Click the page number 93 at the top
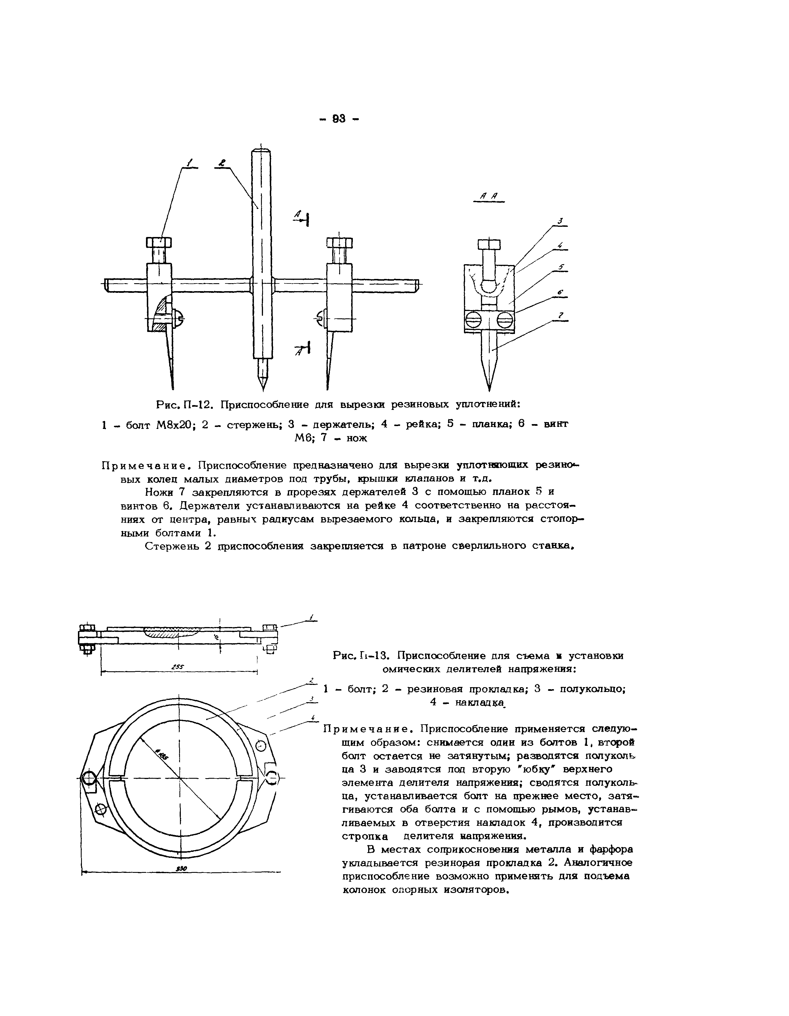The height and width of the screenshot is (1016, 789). click(x=339, y=119)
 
